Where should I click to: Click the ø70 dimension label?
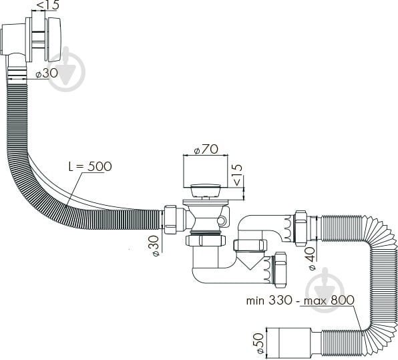coord(206,150)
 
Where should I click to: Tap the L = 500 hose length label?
coord(90,166)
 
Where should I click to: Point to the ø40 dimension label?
coord(311,258)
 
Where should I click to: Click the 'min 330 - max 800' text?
coord(301,300)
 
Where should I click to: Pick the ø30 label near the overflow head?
coord(47,73)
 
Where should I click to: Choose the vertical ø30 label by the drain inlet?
coord(154,246)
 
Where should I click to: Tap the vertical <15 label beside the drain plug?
coord(237,175)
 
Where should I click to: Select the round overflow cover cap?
coord(54,39)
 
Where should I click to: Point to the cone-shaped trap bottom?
coord(250,261)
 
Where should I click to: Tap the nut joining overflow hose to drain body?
coord(172,219)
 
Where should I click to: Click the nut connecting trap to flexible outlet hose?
coord(301,228)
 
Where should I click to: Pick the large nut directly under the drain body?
coord(206,240)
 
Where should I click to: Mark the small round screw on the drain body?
coord(221,221)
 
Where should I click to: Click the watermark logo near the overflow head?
coord(66,69)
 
